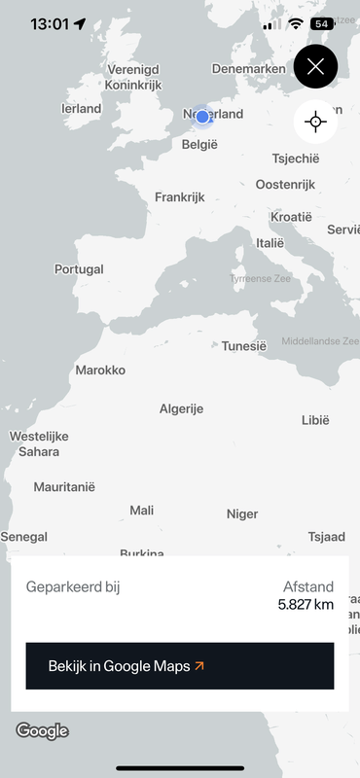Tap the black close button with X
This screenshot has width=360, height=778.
[315, 67]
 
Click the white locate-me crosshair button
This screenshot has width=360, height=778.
[315, 122]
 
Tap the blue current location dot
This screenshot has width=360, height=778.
[202, 117]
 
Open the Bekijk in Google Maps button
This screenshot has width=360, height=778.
[180, 666]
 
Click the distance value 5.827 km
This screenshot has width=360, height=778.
[306, 604]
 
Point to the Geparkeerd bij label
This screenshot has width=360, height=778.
[73, 586]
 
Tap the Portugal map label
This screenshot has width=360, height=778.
[79, 269]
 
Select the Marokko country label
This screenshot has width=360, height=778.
[100, 370]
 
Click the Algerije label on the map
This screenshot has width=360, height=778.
[181, 408]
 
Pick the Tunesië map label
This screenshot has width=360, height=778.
[243, 345]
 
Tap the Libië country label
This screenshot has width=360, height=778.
[315, 420]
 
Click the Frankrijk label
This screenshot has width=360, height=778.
[180, 197]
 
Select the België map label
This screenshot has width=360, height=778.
[200, 145]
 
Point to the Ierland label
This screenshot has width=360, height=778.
[81, 109]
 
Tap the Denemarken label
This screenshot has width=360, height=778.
[249, 69]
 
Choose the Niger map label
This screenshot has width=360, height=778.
[242, 513]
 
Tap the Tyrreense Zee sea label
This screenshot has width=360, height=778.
[260, 278]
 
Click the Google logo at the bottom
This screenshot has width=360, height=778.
[42, 731]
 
